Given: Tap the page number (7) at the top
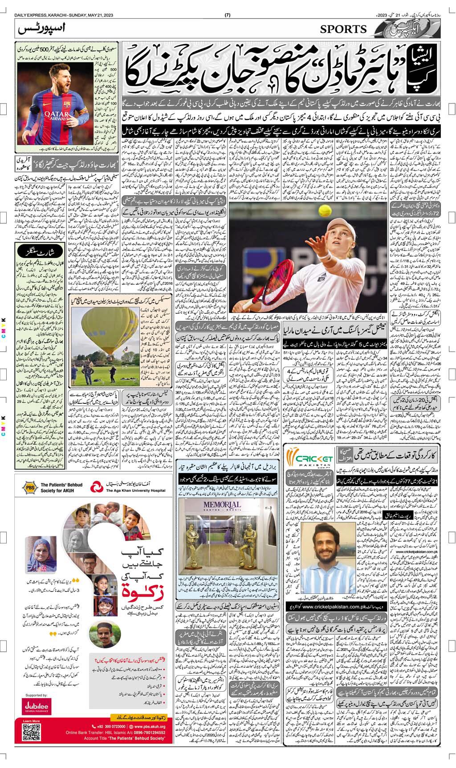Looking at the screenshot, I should pyautogui.click(x=228, y=16).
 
